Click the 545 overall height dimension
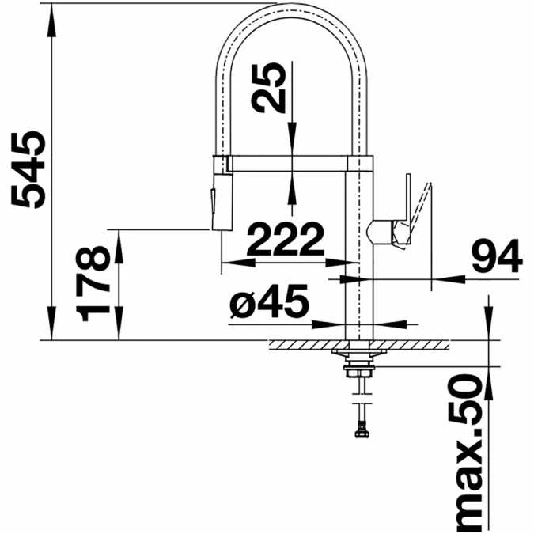28,169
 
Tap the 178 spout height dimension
93,284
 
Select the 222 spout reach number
286,239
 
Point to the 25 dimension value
268,88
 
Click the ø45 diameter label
269,301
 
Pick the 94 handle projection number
498,256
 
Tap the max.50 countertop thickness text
465,453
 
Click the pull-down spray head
222,193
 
